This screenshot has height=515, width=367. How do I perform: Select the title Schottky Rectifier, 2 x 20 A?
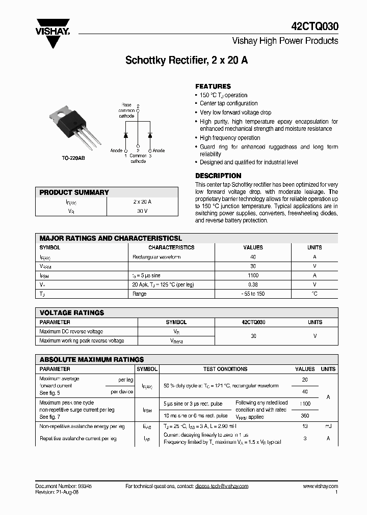pyautogui.click(x=187, y=60)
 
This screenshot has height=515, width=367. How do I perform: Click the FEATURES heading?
pyautogui.click(x=213, y=86)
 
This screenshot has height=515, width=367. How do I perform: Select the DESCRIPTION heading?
pyautogui.click(x=218, y=176)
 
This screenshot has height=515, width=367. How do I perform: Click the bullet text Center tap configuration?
pyautogui.click(x=228, y=103)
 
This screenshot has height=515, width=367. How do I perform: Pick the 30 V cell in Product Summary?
pyautogui.click(x=142, y=211)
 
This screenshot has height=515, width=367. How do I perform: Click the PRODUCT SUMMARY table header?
pyautogui.click(x=74, y=192)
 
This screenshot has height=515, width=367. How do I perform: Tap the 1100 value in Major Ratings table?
pyautogui.click(x=253, y=275)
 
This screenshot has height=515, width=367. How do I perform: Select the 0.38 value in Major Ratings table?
pyautogui.click(x=253, y=284)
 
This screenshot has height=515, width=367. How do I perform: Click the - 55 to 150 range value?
pyautogui.click(x=253, y=294)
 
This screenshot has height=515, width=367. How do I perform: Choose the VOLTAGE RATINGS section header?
pyautogui.click(x=72, y=312)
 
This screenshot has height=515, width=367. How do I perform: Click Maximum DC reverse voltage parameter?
pyautogui.click(x=71, y=331)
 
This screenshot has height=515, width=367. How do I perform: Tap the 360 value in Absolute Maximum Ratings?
pyautogui.click(x=305, y=416)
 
